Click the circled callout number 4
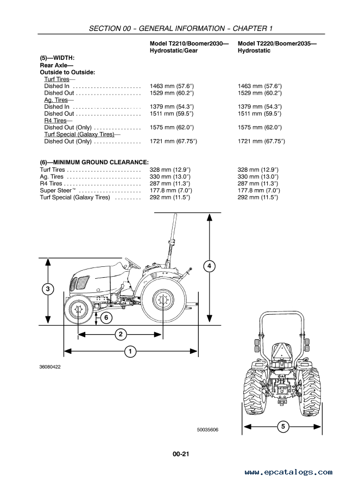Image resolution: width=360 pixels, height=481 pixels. (209, 266)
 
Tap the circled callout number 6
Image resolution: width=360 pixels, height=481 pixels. (106, 317)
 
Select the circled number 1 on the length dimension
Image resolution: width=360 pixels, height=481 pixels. (130, 351)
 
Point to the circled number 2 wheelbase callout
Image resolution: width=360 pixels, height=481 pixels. (121, 334)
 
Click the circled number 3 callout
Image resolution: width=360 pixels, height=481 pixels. (48, 289)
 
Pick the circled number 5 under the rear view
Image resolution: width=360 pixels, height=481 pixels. (283, 426)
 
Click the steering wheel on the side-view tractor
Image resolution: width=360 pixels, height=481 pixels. (132, 264)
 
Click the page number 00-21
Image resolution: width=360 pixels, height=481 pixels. (181, 454)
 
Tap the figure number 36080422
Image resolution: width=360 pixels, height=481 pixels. (50, 367)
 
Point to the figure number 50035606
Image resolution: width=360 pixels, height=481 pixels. (208, 430)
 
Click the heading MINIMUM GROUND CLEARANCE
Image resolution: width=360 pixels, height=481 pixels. (94, 163)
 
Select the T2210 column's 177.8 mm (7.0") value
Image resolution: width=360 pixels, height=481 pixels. (170, 191)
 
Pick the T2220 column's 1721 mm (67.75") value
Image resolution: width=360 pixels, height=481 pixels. (261, 141)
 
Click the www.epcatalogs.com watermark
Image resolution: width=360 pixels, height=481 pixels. (289, 472)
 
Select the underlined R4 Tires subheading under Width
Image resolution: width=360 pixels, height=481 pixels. (55, 121)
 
